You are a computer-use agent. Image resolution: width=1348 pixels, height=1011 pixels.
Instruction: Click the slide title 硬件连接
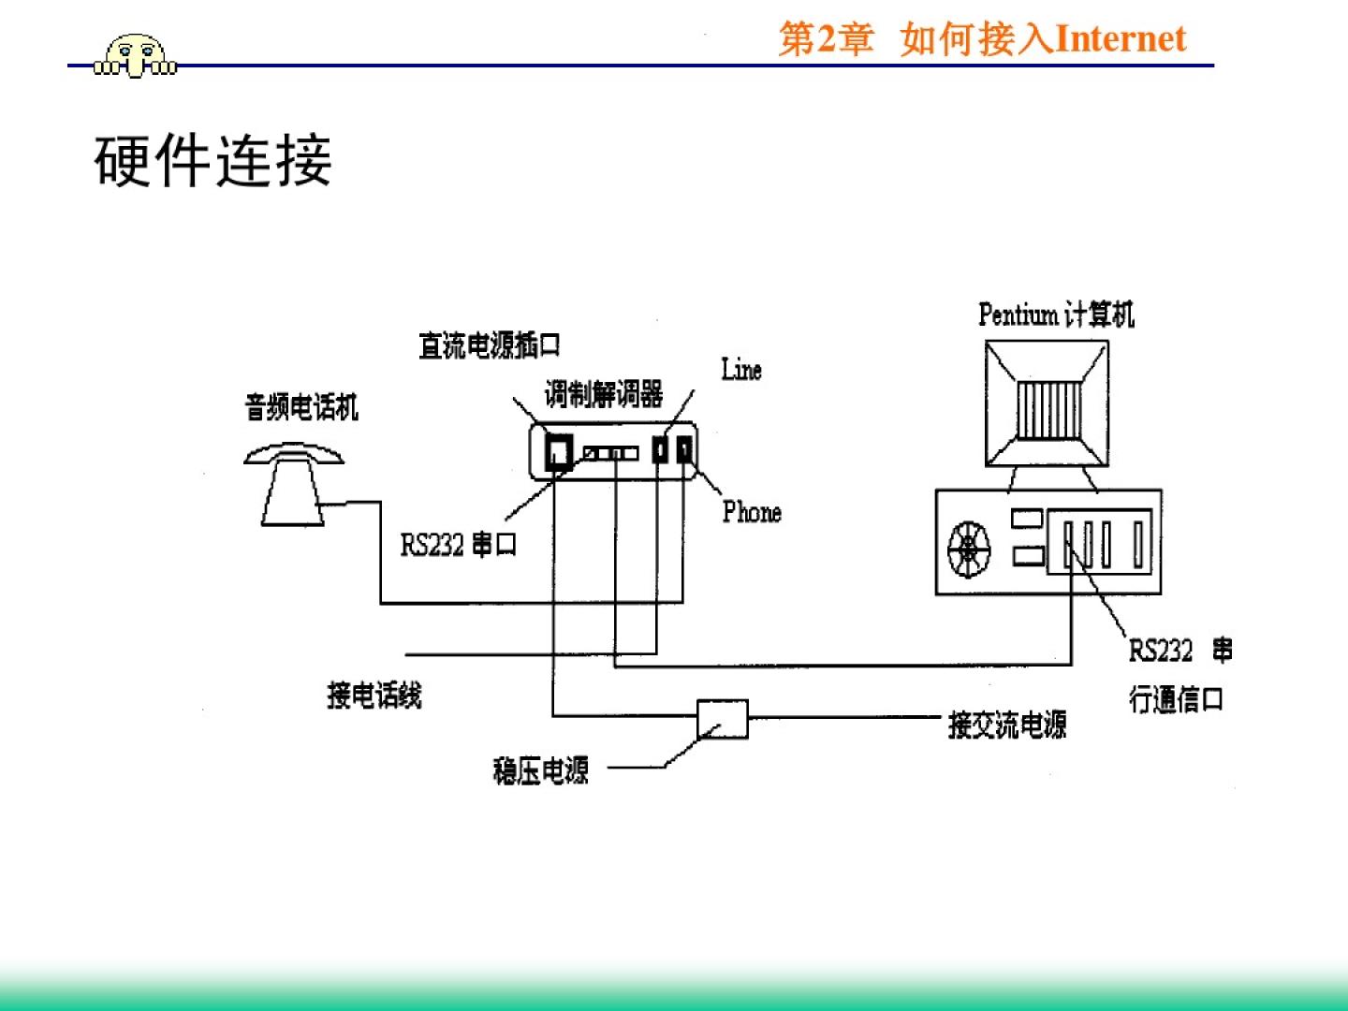[212, 160]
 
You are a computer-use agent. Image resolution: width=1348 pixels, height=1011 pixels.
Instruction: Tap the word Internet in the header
[1121, 39]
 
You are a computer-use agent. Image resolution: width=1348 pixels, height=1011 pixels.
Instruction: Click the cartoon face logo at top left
[136, 56]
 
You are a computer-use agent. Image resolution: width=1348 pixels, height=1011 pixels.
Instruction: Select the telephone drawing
[292, 484]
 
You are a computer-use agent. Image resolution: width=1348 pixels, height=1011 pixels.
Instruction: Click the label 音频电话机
[301, 407]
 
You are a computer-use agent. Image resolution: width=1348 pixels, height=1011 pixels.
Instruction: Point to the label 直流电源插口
[489, 345]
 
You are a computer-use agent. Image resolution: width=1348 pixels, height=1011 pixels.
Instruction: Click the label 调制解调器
[604, 394]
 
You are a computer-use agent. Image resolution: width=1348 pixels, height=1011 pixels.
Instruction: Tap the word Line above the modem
[741, 370]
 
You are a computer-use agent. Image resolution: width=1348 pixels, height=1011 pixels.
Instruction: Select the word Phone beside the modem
[752, 511]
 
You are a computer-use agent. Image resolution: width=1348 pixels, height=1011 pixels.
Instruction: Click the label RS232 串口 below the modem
[459, 544]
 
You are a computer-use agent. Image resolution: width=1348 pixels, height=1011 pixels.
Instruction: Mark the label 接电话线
[374, 695]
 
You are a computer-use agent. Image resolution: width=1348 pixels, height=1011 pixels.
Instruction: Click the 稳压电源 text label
[541, 770]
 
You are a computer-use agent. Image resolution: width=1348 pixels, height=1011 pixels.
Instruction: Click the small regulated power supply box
[723, 719]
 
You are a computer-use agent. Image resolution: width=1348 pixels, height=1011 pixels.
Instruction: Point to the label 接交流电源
[1007, 725]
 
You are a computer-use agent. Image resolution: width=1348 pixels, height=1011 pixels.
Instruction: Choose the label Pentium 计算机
[1056, 315]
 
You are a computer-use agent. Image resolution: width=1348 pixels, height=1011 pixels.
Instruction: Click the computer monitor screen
[1048, 405]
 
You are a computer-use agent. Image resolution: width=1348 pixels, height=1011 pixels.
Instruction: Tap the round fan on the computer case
[968, 549]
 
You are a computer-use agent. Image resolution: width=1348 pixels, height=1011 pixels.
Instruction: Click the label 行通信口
[1176, 698]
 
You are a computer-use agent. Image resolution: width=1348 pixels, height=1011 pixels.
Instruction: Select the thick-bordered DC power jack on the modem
[559, 452]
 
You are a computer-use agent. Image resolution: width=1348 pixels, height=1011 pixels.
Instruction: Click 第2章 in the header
[826, 39]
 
